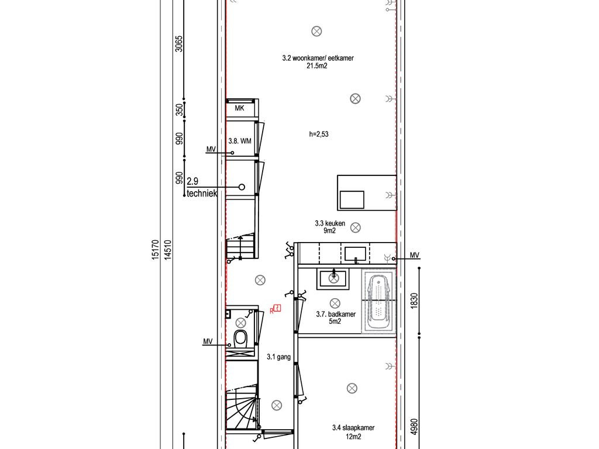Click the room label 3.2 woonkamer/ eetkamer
pos(318,58)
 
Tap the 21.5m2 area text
pos(316,65)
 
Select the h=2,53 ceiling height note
pos(319,134)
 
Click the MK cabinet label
pos(239,108)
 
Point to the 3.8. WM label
pos(240,141)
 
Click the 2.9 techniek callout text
pos(202,187)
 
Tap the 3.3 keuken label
pos(330,223)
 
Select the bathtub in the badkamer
pos(378,301)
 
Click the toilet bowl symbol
pos(240,338)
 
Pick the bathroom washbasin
pos(333,278)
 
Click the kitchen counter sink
pos(355,254)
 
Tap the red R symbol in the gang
pos(276,309)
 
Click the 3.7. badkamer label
pos(336,314)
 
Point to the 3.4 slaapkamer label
pos(353,427)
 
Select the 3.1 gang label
pos(278,357)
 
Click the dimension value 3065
pos(179,44)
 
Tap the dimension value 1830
pos(414,301)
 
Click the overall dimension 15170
pos(154,250)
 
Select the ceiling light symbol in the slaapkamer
pos(352,388)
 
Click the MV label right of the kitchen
pos(415,255)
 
